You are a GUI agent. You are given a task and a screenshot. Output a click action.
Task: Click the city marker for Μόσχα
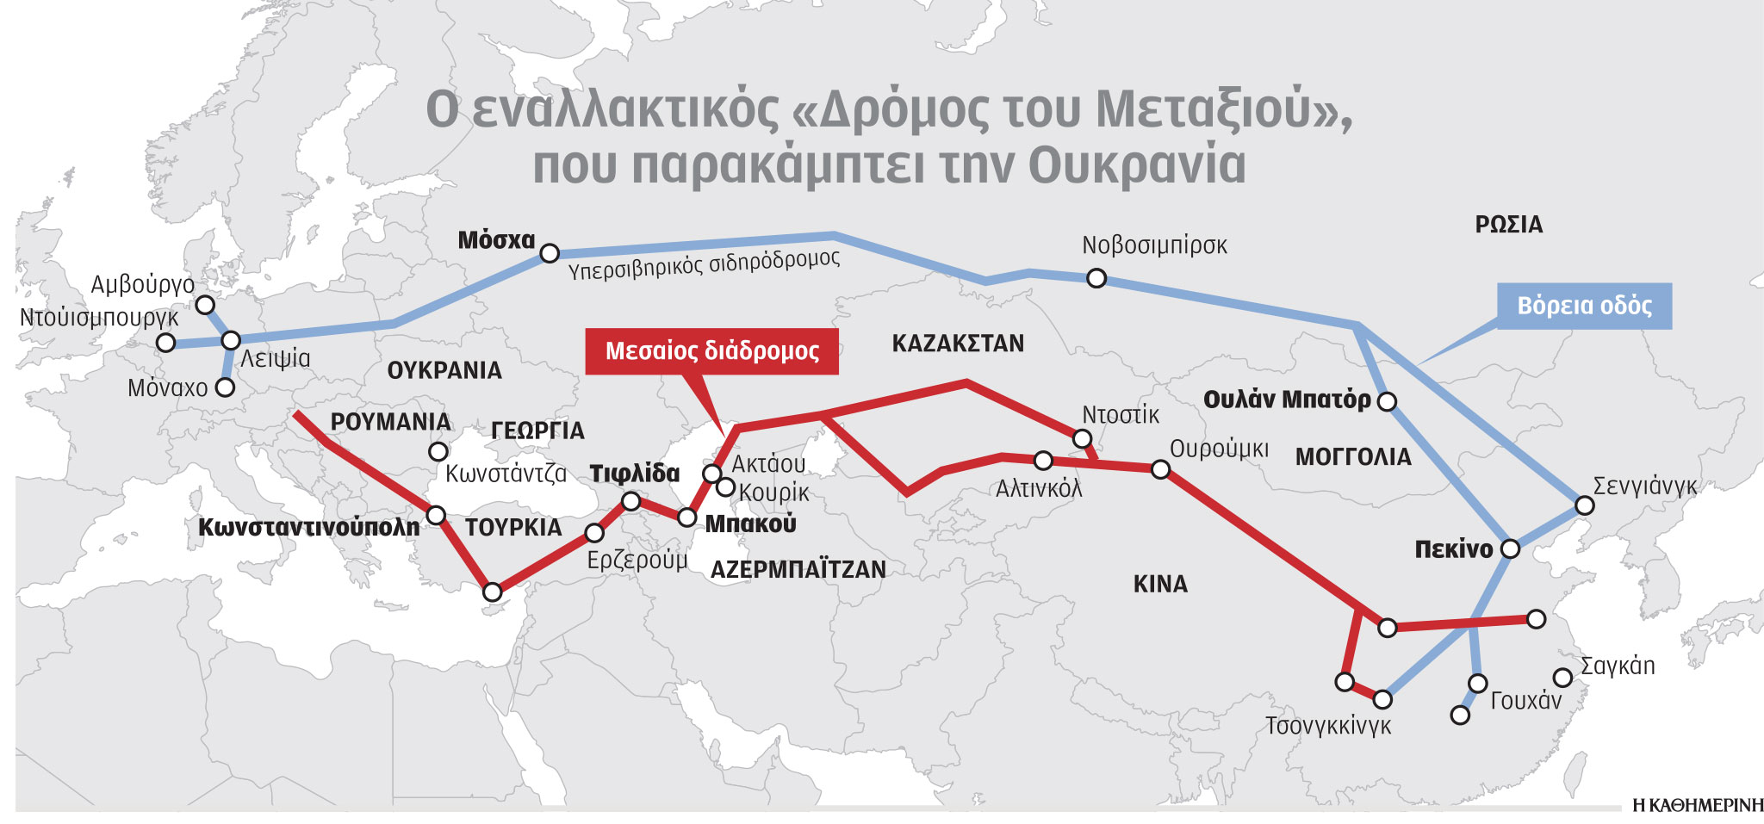[550, 253]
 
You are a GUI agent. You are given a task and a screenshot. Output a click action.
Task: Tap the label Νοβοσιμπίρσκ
[1154, 245]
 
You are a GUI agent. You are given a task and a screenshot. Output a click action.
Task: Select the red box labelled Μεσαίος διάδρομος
[711, 351]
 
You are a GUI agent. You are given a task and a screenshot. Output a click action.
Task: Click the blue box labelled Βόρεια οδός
[1584, 306]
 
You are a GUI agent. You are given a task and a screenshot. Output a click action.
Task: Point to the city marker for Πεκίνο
[1510, 548]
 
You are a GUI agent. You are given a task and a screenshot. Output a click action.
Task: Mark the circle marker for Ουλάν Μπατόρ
[1387, 401]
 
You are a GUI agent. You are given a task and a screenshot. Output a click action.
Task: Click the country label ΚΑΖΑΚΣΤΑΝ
[958, 344]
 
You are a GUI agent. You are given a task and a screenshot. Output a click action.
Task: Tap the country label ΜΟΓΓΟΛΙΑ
[1353, 457]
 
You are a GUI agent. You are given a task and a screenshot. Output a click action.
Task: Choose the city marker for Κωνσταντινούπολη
[436, 516]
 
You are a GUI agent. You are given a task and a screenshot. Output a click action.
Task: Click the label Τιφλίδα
[634, 474]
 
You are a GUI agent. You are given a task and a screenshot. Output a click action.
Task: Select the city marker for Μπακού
[686, 517]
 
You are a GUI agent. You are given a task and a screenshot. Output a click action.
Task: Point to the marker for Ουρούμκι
[1160, 469]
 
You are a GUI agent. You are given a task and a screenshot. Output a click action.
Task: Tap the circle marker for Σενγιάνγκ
[1584, 505]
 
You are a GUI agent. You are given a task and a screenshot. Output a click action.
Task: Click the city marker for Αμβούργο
[205, 305]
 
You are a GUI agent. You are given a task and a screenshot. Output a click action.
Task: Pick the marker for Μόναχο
[225, 387]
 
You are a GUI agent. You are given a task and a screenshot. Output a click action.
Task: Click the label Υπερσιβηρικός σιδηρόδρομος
[704, 265]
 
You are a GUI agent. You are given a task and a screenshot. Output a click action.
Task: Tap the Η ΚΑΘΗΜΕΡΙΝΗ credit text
[1698, 806]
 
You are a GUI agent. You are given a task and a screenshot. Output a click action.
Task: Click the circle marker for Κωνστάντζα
[438, 451]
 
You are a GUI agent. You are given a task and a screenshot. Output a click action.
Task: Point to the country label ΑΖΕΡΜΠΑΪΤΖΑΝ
[798, 569]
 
